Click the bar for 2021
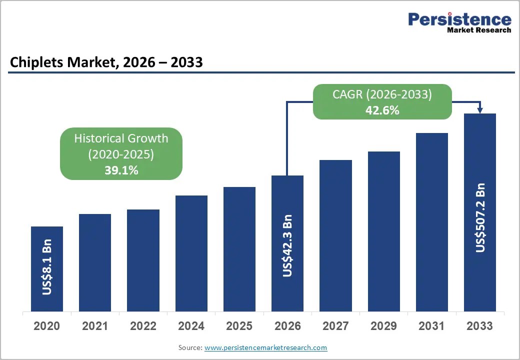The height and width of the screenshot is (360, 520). point(95,262)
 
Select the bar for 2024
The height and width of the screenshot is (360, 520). point(191,253)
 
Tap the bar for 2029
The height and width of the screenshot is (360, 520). point(383,231)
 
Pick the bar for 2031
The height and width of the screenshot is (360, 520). point(432,222)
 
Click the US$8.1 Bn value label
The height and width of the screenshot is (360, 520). point(47,267)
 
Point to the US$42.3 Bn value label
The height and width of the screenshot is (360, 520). point(287,245)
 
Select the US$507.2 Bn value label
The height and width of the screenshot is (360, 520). point(480,217)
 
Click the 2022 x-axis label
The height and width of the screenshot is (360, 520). point(143,326)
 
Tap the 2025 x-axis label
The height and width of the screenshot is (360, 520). point(239,326)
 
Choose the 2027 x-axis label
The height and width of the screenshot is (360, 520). point(335,326)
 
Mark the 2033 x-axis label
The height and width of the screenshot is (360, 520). point(480,326)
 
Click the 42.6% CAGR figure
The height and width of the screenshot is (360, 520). point(382,110)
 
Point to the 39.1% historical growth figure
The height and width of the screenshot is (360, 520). point(121,170)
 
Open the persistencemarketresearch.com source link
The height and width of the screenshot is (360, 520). point(265,347)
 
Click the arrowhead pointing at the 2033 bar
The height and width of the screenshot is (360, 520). point(480,110)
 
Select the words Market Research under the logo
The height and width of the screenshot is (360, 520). point(479,30)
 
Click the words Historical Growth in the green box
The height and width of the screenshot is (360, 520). point(121,138)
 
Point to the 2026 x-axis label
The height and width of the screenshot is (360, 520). point(287,326)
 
